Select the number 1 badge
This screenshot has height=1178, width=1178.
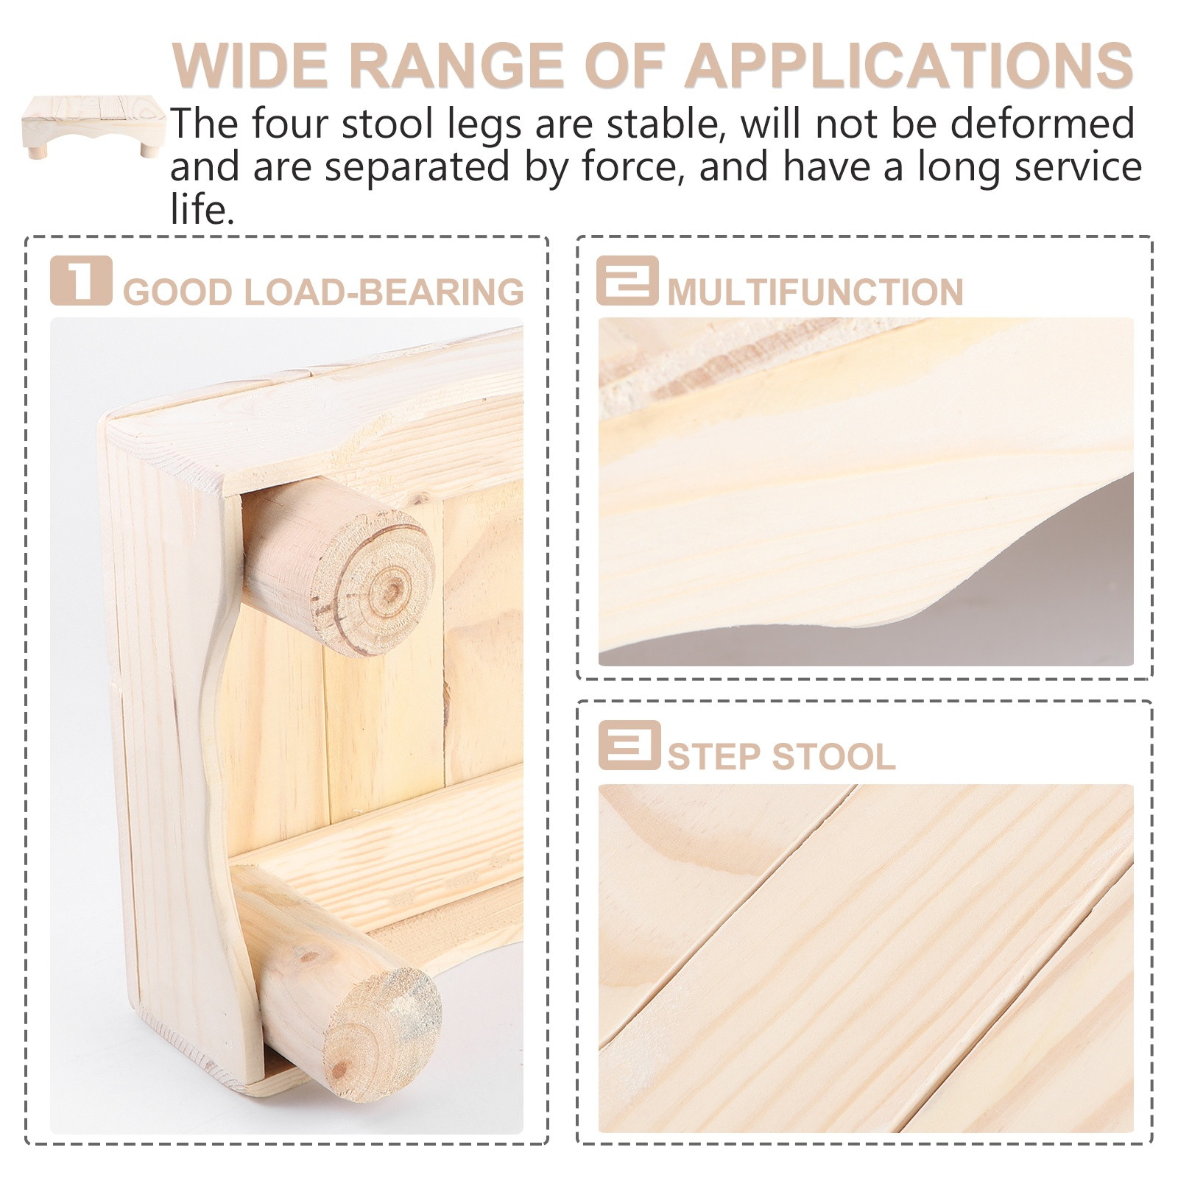pos(81,280)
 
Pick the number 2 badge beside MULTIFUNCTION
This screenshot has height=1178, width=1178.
pos(627,280)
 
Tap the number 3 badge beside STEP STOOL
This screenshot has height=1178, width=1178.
pos(629,745)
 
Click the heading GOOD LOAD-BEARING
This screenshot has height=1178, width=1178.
pos(323,292)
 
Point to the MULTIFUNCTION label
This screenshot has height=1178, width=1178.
pos(815,292)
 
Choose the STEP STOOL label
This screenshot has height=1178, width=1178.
pos(781,757)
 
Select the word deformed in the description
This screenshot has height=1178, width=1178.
pos(1042,123)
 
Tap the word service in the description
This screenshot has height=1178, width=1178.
pos(1078,166)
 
